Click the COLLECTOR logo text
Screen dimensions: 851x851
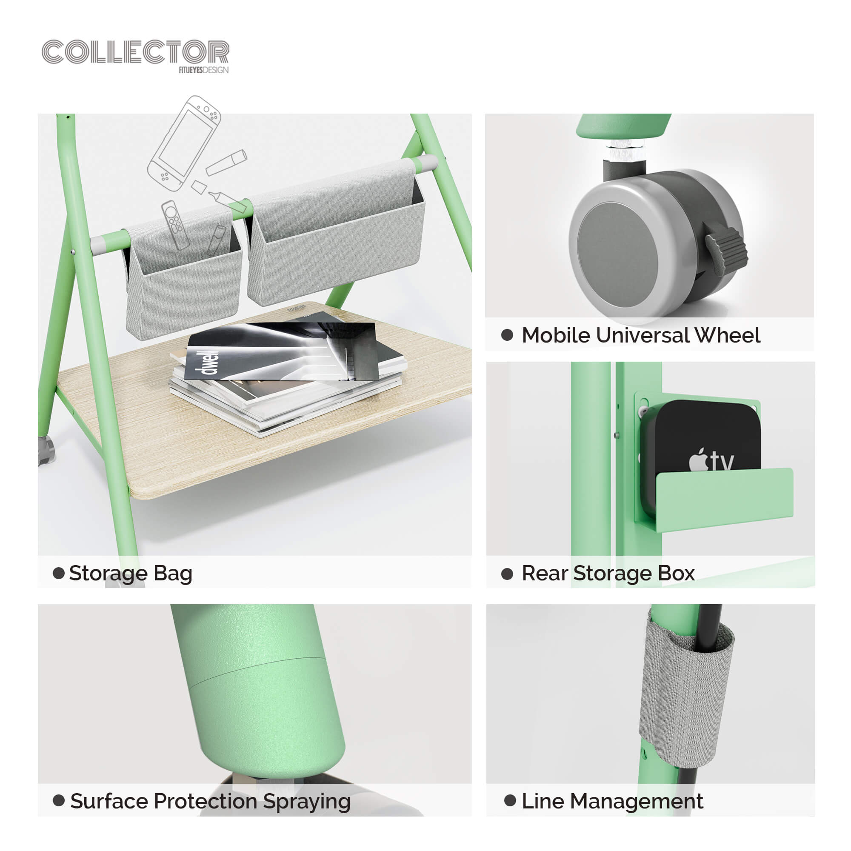[135, 52]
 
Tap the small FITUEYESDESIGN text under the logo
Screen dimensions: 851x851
[203, 70]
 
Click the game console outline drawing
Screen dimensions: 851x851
[184, 143]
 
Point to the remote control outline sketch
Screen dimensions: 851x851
[175, 225]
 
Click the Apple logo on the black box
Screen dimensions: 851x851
[698, 461]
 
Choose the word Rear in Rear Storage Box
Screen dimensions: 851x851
[545, 573]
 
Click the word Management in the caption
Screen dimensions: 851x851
[637, 801]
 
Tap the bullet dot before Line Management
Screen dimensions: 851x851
[510, 800]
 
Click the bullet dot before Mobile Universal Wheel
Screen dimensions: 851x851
[507, 335]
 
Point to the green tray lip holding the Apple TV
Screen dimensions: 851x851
[725, 499]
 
